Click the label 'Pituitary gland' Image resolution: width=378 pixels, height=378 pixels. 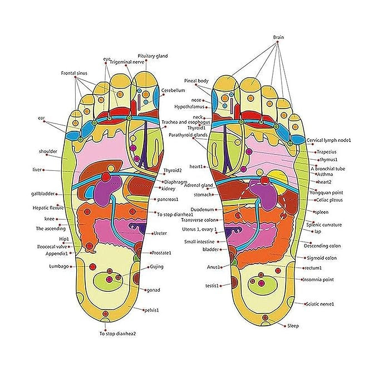click(x=153, y=56)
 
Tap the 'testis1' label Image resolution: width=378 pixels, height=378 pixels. click(x=211, y=286)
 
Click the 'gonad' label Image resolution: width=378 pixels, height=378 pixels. click(x=153, y=291)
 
